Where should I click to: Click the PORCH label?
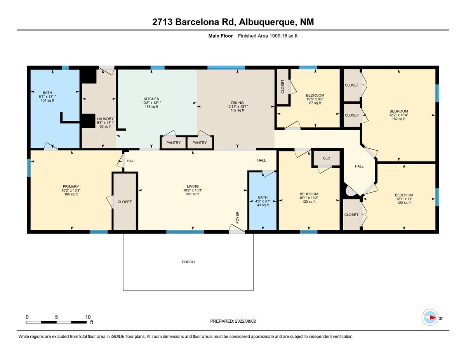[x=188, y=262]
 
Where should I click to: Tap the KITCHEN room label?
[x=151, y=99]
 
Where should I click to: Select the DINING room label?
[x=237, y=103]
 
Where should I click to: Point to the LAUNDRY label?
[x=105, y=119]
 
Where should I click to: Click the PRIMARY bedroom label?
[x=71, y=186]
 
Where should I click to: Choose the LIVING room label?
[x=193, y=186]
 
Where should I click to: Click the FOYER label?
[x=237, y=217]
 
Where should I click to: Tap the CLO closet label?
[x=326, y=158]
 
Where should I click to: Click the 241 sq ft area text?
[x=193, y=194]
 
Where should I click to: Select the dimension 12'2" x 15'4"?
[x=399, y=115]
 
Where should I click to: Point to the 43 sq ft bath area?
[x=263, y=205]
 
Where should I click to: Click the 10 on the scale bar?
[x=88, y=317]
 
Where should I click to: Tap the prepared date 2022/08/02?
[x=245, y=321]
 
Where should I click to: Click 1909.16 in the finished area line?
[x=278, y=36]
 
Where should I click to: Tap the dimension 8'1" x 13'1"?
[x=47, y=96]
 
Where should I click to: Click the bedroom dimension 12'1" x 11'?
[x=404, y=199]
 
